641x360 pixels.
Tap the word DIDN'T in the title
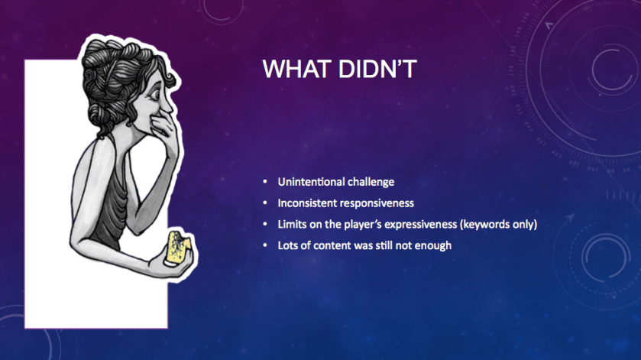[x=377, y=69]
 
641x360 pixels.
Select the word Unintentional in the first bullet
[x=309, y=182]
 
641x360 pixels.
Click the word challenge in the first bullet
[x=369, y=182]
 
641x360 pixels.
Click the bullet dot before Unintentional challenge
[x=265, y=181]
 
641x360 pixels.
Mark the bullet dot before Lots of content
[x=265, y=245]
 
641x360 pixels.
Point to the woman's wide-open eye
[x=155, y=95]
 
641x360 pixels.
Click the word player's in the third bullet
[x=362, y=225]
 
